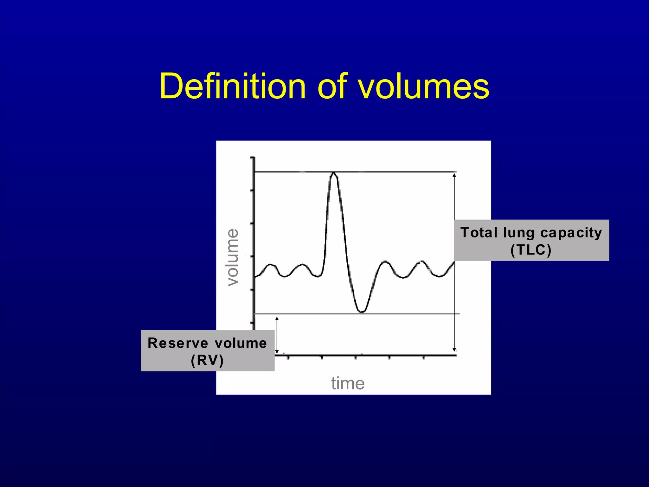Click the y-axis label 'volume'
[233, 257]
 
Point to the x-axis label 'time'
[348, 383]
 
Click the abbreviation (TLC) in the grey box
[531, 250]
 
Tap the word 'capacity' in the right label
[571, 233]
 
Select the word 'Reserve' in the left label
[178, 343]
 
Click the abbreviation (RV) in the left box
[207, 360]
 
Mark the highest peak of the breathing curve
[333, 173]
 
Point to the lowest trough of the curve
[362, 312]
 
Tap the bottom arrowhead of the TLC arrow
[454, 349]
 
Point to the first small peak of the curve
[271, 264]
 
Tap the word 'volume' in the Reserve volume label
[241, 343]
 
